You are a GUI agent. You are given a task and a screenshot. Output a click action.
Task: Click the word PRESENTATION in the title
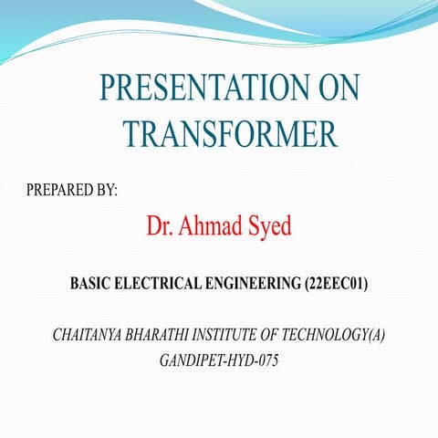pyautogui.click(x=193, y=89)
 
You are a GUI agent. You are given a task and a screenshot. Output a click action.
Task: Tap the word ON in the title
pyautogui.click(x=337, y=89)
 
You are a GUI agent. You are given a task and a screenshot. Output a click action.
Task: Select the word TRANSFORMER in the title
pyautogui.click(x=230, y=134)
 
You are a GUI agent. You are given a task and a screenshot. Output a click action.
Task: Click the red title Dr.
pyautogui.click(x=160, y=225)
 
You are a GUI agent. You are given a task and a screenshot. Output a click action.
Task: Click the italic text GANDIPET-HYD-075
pyautogui.click(x=218, y=360)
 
